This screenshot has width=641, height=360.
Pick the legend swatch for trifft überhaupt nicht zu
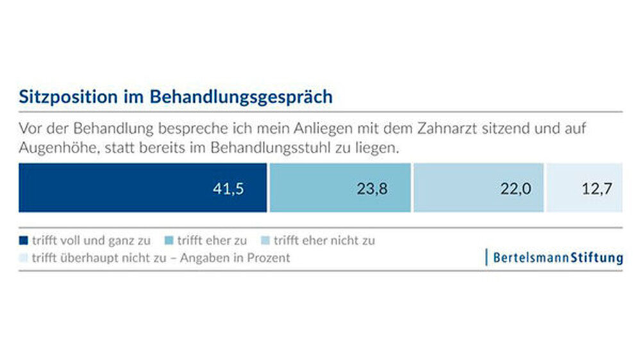click(x=24, y=258)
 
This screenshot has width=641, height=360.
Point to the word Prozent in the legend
click(x=269, y=258)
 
